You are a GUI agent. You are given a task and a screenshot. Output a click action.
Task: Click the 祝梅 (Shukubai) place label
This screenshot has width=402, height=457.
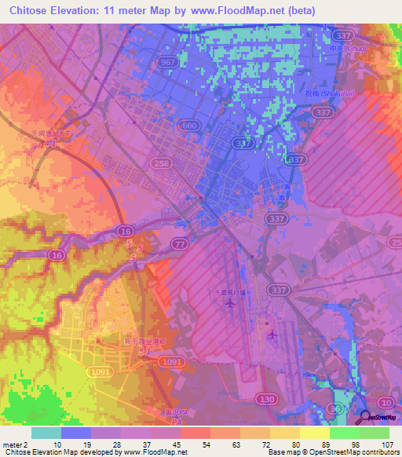pyautogui.click(x=335, y=94)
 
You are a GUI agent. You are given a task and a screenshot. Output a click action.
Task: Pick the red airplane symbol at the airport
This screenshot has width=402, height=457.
pyautogui.click(x=272, y=335)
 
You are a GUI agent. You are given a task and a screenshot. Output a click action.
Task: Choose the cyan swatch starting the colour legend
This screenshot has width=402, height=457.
pyautogui.click(x=46, y=433)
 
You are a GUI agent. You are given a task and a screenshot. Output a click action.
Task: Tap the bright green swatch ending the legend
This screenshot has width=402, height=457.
pyautogui.click(x=375, y=433)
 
